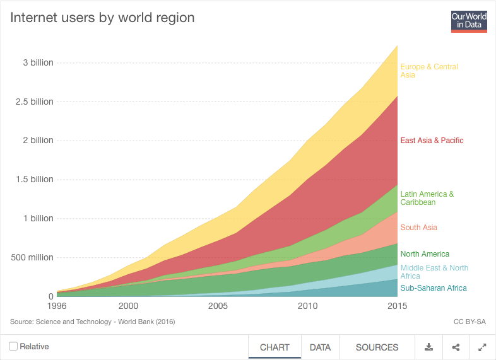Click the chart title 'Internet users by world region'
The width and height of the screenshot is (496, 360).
coord(102,18)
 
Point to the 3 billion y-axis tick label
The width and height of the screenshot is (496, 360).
coord(38,63)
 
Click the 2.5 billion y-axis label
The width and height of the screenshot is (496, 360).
coord(34,102)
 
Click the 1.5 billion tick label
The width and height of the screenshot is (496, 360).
coord(34,180)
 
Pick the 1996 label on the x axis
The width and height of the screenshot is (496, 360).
coord(57,306)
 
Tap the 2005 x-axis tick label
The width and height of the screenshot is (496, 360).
coord(218,306)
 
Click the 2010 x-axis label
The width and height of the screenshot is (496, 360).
coord(308,306)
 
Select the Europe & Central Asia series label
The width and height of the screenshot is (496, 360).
coord(429,71)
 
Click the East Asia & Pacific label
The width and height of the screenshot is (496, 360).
coord(432,141)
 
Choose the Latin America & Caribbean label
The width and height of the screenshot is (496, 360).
coord(427,199)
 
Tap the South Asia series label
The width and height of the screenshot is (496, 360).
coord(418,228)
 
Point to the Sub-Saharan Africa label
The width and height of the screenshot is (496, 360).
coord(434,288)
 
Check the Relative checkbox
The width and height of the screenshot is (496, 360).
coord(13,346)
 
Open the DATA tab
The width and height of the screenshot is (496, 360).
coord(320,347)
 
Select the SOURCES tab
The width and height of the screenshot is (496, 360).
coord(377,347)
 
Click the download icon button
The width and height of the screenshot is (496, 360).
coord(428,347)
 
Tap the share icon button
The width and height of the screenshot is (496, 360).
coord(456,347)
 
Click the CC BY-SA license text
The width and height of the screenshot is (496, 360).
coord(469,322)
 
